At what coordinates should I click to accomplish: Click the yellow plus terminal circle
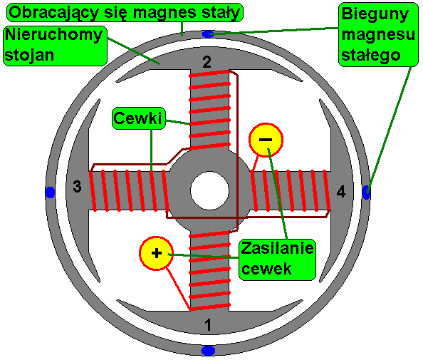pos(156,253)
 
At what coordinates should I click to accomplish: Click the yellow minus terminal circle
pos(266,140)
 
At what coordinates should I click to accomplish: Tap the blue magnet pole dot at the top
pos(208,34)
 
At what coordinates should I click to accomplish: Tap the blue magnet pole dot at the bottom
pos(208,351)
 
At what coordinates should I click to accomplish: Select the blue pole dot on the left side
pos(50,192)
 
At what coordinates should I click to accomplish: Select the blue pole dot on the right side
pos(366,192)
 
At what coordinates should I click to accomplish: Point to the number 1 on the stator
pos(208,324)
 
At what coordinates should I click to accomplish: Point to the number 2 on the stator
pos(207,62)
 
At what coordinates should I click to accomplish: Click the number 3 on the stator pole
pos(77,186)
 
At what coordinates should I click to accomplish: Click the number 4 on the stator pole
pos(341,192)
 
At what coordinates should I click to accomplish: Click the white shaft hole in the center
pos(209,190)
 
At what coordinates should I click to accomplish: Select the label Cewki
pos(138,118)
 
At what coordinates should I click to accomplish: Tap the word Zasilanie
pos(277,247)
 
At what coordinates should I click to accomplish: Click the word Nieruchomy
pos(53,35)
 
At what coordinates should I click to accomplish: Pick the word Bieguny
pos(375,14)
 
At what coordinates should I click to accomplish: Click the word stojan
pos(29,56)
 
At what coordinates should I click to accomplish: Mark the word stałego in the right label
pos(371,56)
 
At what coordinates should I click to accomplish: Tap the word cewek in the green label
pos(266,269)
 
